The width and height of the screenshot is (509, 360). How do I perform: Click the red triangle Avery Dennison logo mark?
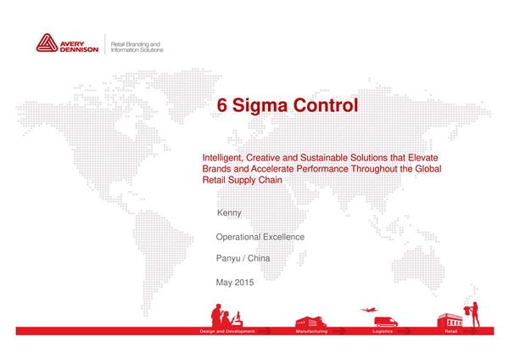click(47, 44)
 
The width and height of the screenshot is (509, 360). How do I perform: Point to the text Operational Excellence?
click(260, 237)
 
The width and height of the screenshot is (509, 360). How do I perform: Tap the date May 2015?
click(235, 281)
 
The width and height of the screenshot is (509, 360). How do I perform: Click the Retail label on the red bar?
click(450, 330)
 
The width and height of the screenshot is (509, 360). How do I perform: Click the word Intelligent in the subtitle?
click(221, 158)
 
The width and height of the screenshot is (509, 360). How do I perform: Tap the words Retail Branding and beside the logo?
click(137, 42)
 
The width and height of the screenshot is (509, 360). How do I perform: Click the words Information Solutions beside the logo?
click(138, 49)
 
